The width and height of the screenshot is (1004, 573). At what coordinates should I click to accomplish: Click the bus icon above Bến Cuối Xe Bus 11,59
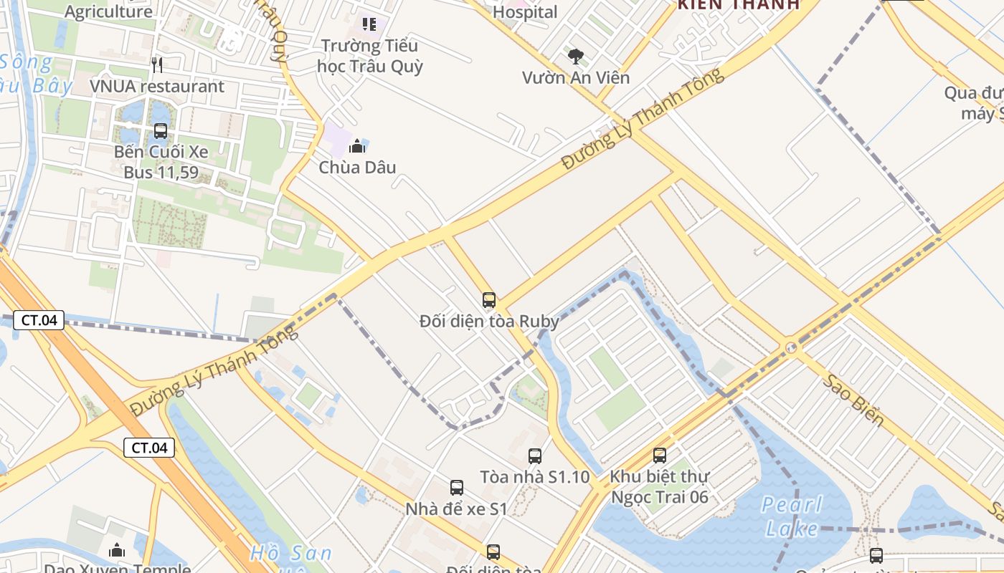(161, 131)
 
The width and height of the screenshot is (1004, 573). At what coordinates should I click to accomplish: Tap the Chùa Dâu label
(357, 168)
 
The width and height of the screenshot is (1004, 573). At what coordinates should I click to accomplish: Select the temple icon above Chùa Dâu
(357, 147)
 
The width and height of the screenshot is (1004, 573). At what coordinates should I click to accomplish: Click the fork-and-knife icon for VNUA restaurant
(158, 65)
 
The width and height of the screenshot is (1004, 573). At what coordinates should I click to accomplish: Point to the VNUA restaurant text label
(157, 87)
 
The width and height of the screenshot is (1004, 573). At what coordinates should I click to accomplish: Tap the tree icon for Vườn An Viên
(575, 57)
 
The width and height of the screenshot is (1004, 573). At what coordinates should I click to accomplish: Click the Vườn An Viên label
(575, 77)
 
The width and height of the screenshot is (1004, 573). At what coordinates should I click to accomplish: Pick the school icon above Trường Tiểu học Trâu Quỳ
(369, 24)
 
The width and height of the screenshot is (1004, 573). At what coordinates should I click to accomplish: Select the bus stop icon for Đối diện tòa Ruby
(489, 300)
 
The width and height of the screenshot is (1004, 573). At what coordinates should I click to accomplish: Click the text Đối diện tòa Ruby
(489, 321)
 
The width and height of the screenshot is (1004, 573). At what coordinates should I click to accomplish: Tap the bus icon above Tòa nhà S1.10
(535, 456)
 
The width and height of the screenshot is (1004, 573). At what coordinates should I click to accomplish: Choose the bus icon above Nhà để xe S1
(457, 488)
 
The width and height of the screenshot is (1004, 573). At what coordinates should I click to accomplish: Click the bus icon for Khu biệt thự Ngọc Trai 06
(660, 455)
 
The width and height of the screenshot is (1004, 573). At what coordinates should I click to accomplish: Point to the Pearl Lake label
(792, 516)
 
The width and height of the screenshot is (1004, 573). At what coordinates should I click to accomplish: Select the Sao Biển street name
(853, 401)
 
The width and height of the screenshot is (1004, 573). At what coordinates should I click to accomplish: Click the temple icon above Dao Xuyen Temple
(117, 550)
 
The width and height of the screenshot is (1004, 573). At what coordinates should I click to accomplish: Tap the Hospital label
(525, 12)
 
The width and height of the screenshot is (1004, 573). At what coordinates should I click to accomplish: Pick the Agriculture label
(108, 11)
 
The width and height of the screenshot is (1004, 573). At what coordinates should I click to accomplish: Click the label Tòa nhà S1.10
(535, 477)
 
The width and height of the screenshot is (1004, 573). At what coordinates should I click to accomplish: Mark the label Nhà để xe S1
(457, 509)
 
